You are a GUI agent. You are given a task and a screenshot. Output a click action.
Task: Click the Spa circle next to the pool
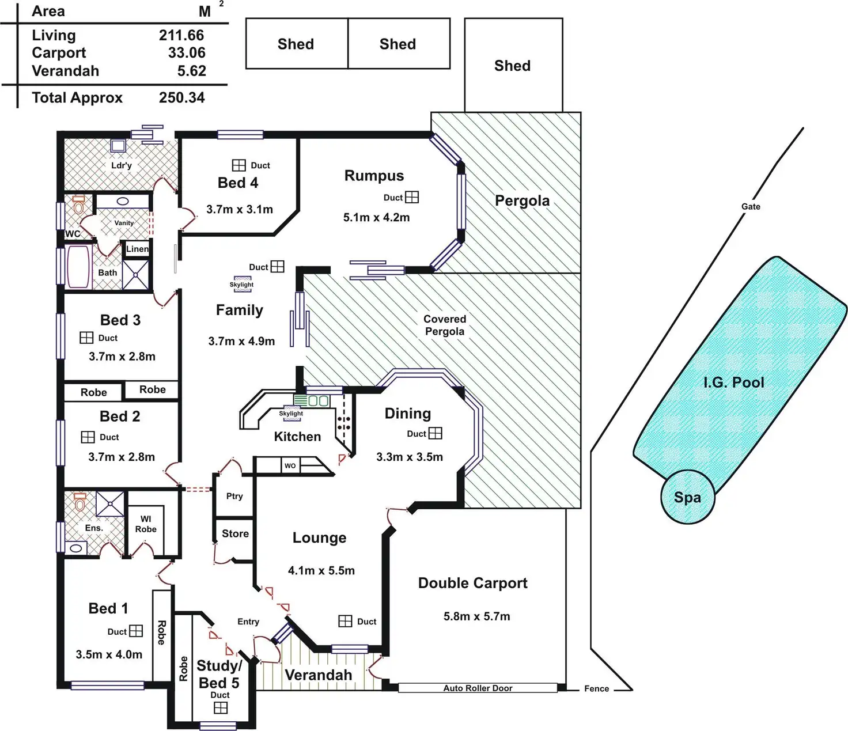click(x=687, y=497)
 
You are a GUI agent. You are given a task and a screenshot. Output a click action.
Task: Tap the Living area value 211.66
click(x=181, y=35)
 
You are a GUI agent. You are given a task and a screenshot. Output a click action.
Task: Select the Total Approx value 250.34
click(x=181, y=97)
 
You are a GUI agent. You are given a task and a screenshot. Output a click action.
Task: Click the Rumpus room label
click(x=374, y=176)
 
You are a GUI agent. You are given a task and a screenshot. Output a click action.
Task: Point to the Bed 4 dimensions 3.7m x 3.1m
click(x=240, y=209)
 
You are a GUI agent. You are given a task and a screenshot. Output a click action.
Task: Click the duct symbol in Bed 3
click(x=86, y=338)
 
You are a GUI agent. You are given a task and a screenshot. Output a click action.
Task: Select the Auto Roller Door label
click(x=478, y=688)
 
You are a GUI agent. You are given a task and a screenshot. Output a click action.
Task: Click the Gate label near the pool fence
click(x=751, y=206)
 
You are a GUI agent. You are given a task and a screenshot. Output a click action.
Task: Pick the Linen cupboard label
click(x=138, y=249)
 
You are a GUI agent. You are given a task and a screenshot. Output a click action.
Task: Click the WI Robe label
click(x=146, y=524)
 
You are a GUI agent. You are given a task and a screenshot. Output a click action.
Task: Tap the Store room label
click(x=235, y=533)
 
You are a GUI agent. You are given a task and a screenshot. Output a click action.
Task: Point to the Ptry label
click(x=234, y=496)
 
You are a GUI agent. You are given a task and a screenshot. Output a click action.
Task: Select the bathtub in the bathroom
click(x=79, y=267)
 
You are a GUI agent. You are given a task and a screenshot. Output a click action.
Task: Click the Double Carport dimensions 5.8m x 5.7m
click(x=476, y=616)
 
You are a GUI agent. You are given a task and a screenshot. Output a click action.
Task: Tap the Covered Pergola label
click(x=445, y=325)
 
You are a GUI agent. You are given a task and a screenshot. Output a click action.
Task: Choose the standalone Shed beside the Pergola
click(x=513, y=65)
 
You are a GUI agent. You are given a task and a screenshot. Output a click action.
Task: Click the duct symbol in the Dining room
click(x=436, y=433)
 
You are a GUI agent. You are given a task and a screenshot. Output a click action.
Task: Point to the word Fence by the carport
click(x=596, y=688)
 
